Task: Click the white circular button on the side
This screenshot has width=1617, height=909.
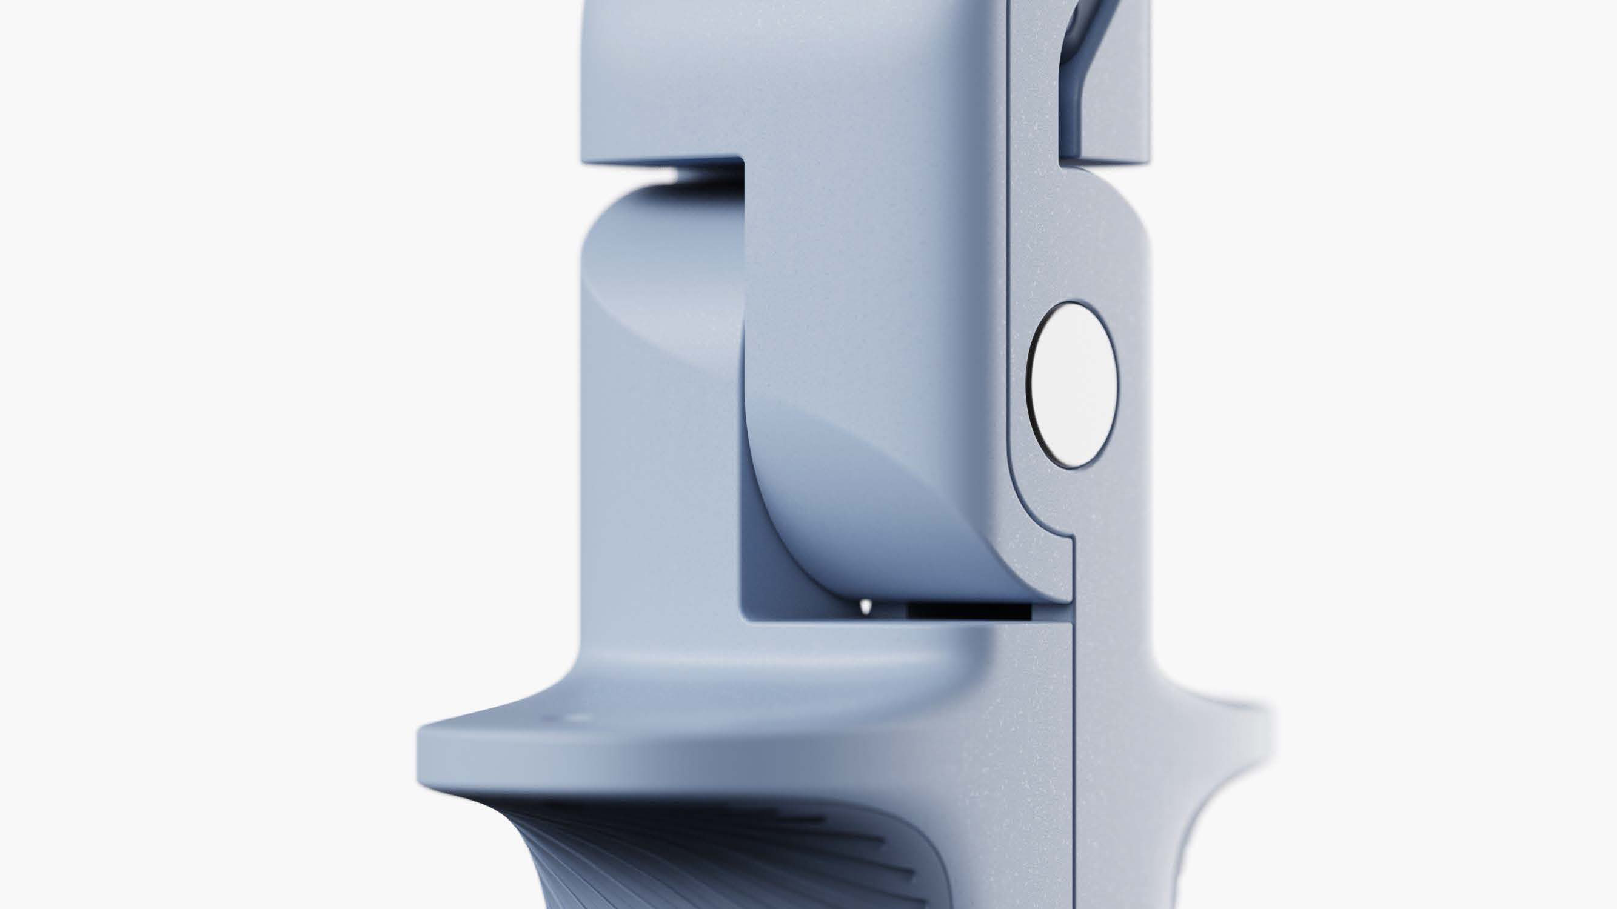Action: pyautogui.click(x=1074, y=385)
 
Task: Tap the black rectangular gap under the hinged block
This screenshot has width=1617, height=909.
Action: pyautogui.click(x=969, y=610)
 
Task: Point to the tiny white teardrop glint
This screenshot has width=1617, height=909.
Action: pyautogui.click(x=866, y=606)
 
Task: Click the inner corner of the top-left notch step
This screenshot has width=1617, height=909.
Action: pyautogui.click(x=744, y=161)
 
